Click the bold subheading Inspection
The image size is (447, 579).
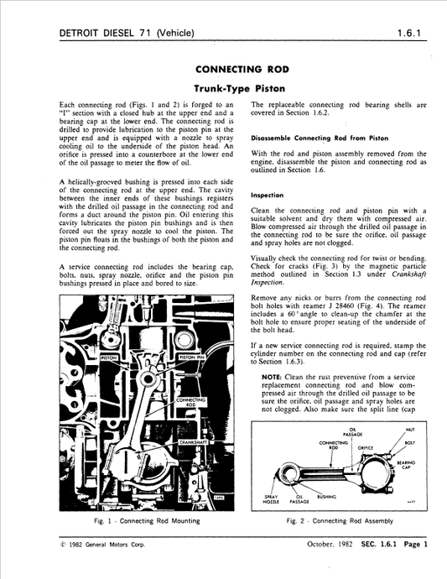[x=267, y=194]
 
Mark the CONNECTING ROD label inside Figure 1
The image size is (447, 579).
[x=188, y=402]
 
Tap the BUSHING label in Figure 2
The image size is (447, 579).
[x=326, y=496]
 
